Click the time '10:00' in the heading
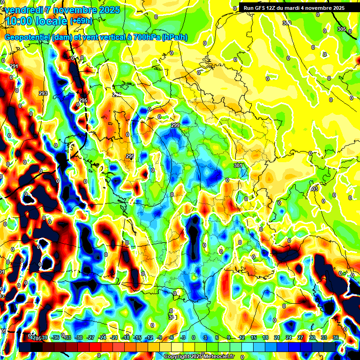(21, 21)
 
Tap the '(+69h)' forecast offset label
(81, 21)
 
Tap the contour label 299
(175, 125)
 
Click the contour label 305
(341, 29)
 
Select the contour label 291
(14, 66)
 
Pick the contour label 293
(43, 93)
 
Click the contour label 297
(117, 95)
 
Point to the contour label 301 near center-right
(238, 165)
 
